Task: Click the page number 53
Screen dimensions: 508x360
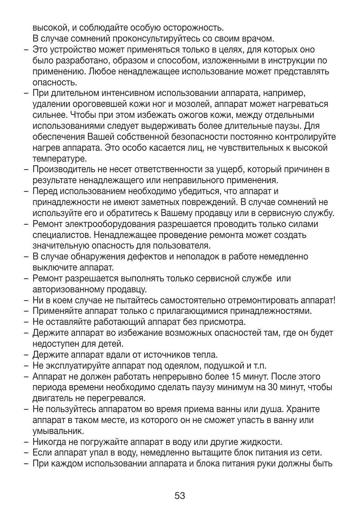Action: tap(180, 496)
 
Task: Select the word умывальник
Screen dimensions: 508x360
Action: tap(58, 431)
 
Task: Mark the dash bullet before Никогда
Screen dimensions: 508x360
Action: tap(26, 442)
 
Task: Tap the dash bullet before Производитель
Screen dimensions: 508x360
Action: tap(26, 170)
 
